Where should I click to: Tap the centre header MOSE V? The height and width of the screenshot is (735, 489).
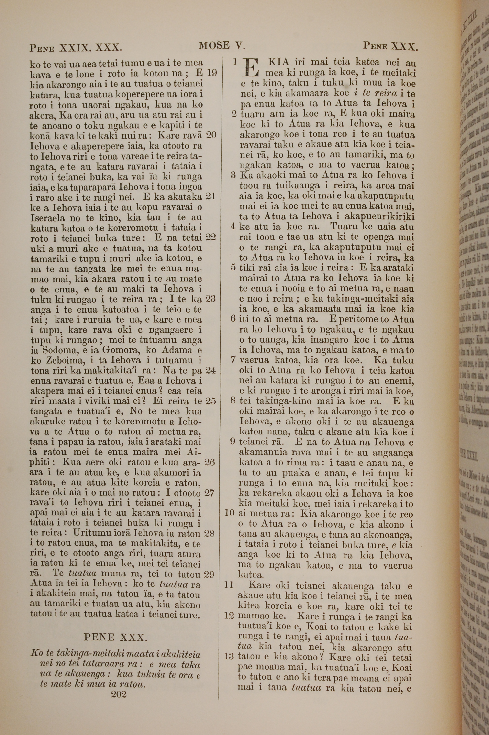coord(222,46)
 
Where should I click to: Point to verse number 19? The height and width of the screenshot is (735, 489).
coord(211,73)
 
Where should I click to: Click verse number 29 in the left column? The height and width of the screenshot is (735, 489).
coord(210,574)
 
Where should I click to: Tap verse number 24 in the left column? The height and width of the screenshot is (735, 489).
coord(211,370)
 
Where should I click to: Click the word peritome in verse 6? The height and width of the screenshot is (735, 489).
coord(353,319)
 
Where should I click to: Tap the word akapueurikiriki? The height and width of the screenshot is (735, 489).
coord(365,217)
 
